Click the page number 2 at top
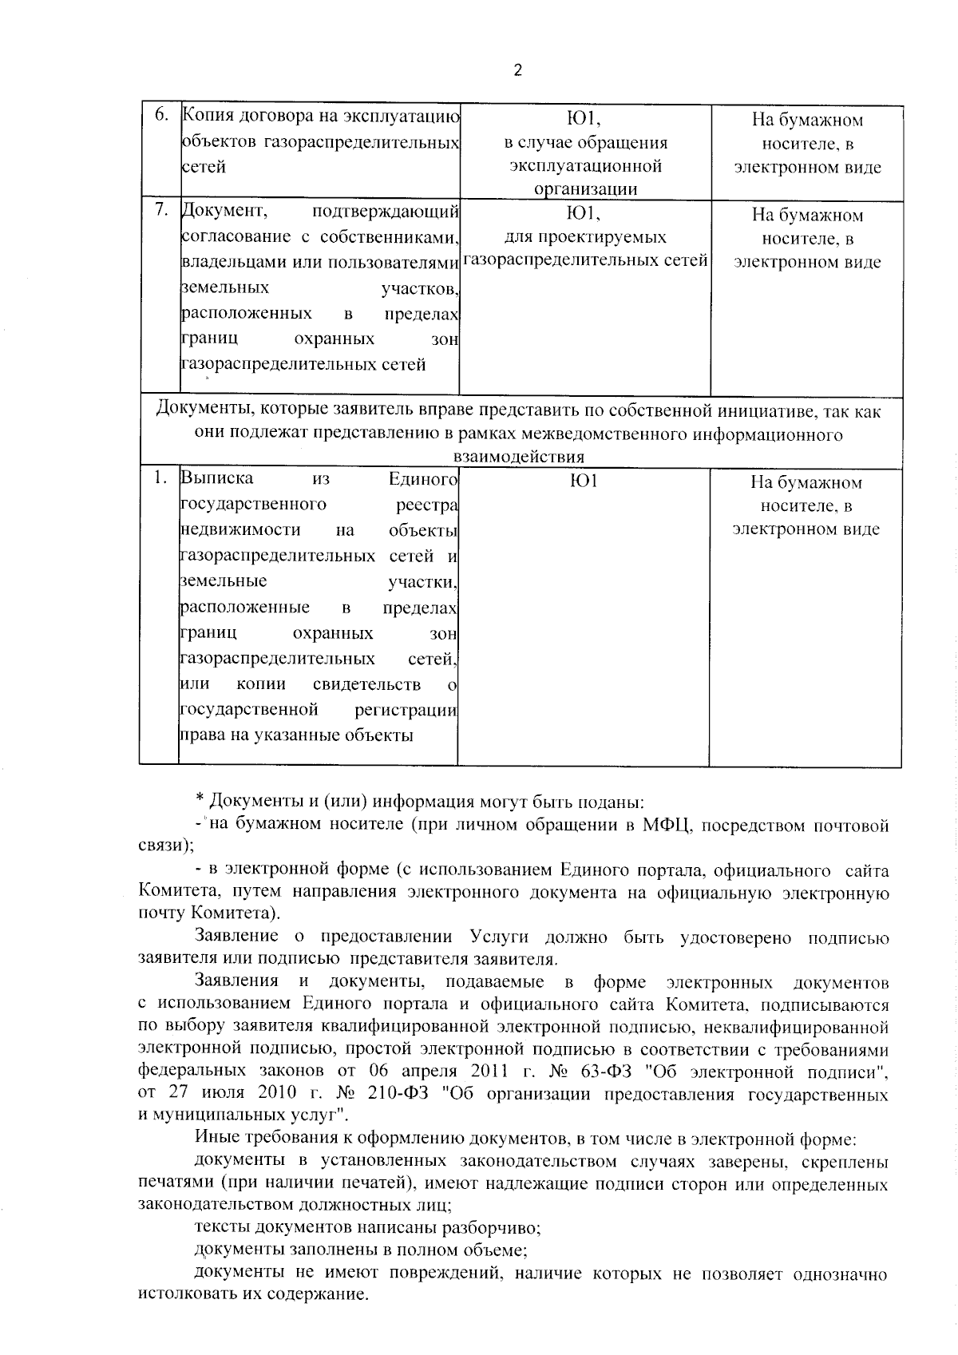click(517, 70)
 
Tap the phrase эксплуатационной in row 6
click(585, 166)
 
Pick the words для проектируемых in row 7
click(585, 237)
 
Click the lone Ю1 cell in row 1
click(584, 481)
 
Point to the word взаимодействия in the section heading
click(519, 457)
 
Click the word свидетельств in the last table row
click(366, 684)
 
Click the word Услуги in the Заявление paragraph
click(499, 937)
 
